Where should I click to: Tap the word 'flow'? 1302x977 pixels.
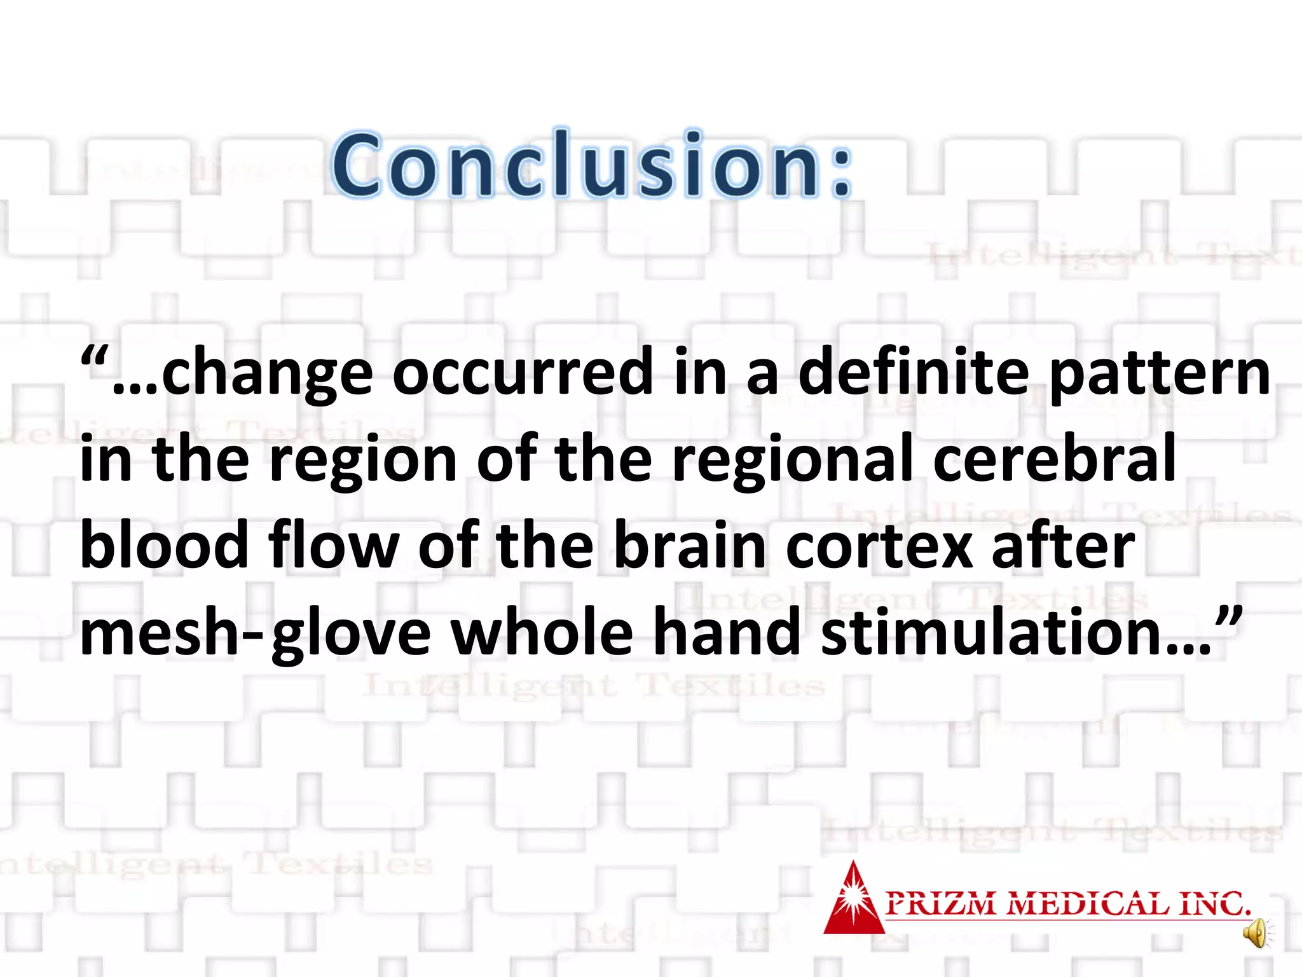tap(333, 545)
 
